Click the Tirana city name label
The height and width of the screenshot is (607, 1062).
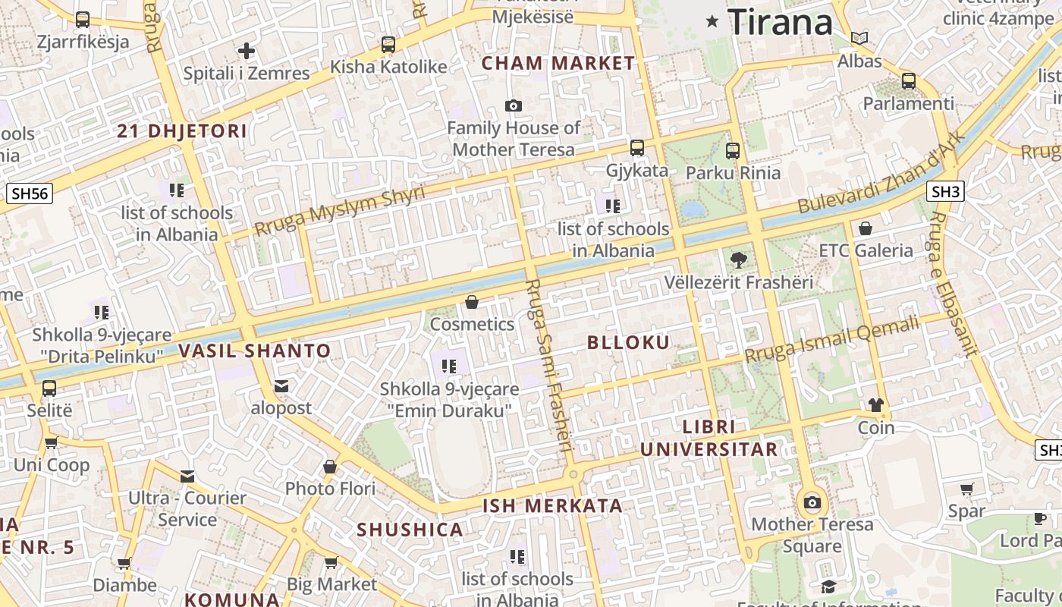point(780,22)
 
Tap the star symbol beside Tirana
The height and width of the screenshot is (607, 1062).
point(712,21)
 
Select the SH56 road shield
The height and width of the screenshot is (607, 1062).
point(30,193)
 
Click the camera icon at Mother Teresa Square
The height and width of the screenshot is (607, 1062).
point(812,502)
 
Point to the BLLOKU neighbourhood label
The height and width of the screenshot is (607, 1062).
point(629,343)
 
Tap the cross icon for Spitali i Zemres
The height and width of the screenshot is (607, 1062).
point(247,51)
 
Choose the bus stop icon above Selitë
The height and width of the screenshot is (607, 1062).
point(49,388)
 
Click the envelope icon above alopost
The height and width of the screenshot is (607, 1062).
point(281,386)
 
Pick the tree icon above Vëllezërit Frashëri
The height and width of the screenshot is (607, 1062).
point(737,260)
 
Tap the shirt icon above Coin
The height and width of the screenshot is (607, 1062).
point(876,405)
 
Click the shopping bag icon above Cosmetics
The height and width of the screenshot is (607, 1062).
point(472,302)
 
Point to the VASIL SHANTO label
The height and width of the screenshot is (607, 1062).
point(255,351)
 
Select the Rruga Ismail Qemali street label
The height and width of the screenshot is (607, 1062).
point(831,339)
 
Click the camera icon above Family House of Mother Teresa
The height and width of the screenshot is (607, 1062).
point(514,106)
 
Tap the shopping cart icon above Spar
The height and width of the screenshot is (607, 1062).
point(966,489)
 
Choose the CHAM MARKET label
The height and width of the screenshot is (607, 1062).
point(558,63)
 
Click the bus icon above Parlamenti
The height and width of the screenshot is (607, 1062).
point(909,80)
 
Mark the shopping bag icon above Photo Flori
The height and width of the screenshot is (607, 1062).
point(330,467)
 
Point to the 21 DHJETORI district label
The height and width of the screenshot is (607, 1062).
point(182,131)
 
